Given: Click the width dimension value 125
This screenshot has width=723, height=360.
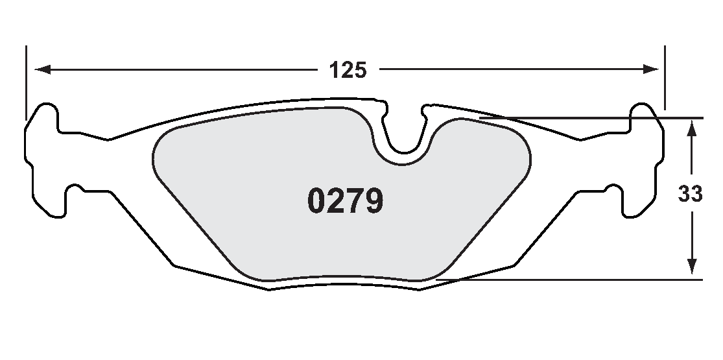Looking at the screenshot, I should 348,69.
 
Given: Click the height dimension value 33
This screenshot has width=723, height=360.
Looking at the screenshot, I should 691,194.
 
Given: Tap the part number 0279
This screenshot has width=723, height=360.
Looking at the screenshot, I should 346,202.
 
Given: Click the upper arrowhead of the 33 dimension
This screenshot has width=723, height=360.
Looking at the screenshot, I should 692,127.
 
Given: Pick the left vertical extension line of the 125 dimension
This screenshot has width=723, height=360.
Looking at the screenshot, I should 27,81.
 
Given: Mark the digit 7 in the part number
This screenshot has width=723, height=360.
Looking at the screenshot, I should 355,202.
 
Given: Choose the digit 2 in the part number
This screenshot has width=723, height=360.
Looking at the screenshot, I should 336,202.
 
